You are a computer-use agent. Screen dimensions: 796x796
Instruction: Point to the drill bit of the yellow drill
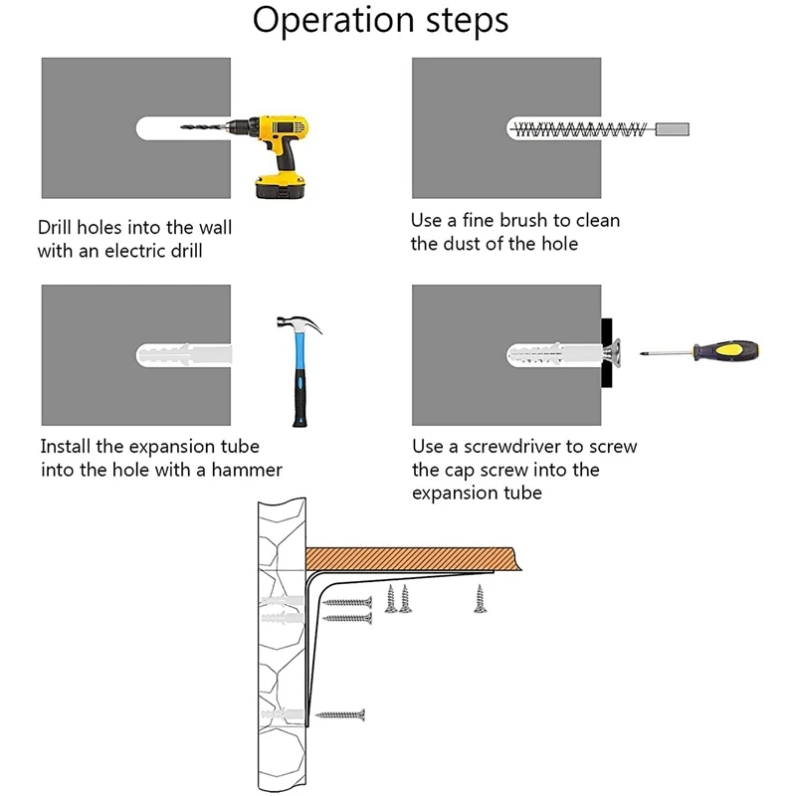tap(204, 127)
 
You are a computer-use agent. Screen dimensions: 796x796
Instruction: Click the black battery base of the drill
tap(280, 187)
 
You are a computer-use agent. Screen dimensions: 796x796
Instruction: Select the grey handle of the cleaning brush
tap(673, 128)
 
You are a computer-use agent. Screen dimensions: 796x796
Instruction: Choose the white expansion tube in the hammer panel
tap(184, 355)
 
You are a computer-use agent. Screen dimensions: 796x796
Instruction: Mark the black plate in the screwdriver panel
tap(605, 353)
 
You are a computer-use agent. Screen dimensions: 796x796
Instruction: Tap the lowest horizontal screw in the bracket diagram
tap(343, 713)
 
